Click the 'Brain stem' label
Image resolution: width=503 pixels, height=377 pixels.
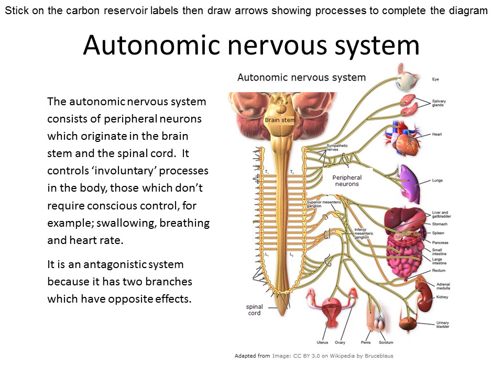(280, 120)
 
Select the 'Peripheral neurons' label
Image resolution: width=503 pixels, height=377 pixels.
(346, 181)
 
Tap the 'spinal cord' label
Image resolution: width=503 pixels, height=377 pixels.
(254, 310)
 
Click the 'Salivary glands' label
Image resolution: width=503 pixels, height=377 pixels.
(439, 103)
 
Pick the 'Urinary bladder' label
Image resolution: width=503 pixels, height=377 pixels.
(443, 325)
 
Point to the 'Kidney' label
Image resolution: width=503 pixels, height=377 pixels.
(442, 297)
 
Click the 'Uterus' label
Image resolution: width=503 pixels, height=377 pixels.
(322, 342)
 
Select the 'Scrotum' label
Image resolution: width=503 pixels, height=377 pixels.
(386, 342)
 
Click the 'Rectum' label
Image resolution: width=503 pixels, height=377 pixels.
(439, 271)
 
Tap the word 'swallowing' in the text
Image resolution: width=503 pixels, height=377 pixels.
(127, 223)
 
